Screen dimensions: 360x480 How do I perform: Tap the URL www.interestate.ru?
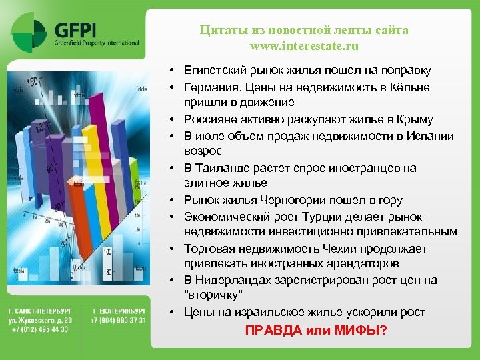[304, 46]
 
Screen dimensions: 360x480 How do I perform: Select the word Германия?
[209, 87]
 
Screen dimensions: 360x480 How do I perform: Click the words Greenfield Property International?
[97, 42]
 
